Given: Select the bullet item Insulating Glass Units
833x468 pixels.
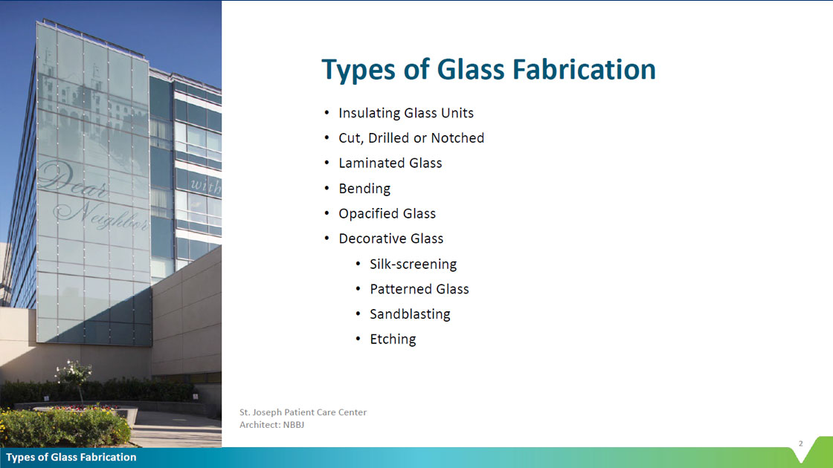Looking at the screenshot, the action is click(x=406, y=113).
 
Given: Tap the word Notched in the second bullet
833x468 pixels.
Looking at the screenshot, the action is click(x=457, y=138).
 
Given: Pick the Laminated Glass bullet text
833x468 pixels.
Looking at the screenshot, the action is click(x=390, y=163).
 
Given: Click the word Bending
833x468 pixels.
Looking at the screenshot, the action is click(x=364, y=189).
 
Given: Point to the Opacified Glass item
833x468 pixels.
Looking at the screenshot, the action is click(x=387, y=213).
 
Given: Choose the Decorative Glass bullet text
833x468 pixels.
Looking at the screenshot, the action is click(x=390, y=238).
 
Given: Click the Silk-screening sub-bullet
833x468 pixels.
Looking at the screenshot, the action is click(x=413, y=264).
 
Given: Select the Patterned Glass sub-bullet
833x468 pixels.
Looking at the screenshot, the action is click(x=419, y=289).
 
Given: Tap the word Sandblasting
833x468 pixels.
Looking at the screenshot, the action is click(x=410, y=314).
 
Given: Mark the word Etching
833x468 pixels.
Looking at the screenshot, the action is click(x=393, y=339).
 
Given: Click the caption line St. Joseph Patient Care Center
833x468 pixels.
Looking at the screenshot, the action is click(x=303, y=412).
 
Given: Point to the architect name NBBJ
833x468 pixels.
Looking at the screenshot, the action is click(x=293, y=424).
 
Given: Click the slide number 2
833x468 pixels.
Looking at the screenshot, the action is click(x=800, y=443).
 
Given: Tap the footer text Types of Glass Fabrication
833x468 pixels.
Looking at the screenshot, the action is click(x=71, y=458).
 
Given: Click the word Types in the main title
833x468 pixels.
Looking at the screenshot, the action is click(x=358, y=71).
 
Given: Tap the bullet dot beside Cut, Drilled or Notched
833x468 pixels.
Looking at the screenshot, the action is click(x=327, y=138).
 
